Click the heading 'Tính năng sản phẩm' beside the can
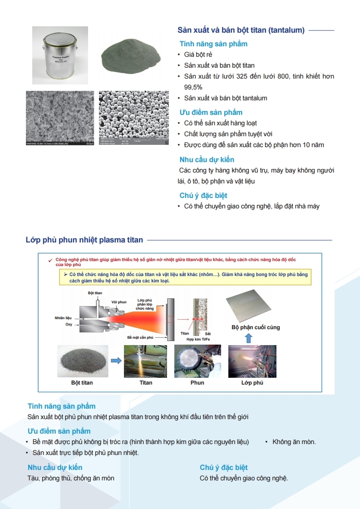click(213, 44)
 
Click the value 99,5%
click(193, 87)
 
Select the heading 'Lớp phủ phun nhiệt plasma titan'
click(84, 240)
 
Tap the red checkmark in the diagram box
click(50, 260)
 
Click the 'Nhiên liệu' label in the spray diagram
click(63, 318)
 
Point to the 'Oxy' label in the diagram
click(69, 325)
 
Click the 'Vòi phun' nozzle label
click(119, 302)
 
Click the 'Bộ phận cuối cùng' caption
click(256, 327)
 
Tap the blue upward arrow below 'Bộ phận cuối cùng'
click(248, 338)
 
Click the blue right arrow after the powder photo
click(116, 361)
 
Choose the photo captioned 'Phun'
click(197, 361)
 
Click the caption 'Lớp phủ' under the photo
click(252, 383)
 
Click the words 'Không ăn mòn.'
click(294, 442)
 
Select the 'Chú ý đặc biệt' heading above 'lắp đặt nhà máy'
click(203, 196)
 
